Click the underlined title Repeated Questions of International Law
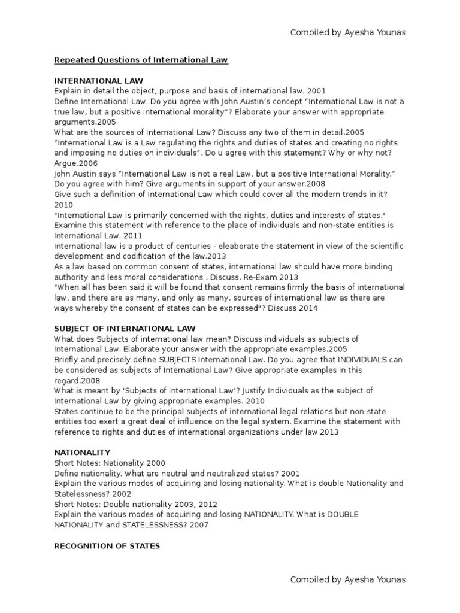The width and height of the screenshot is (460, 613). point(141,60)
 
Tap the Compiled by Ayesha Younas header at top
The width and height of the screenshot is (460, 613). point(347,32)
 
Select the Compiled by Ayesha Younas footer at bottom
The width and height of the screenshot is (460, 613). point(347,579)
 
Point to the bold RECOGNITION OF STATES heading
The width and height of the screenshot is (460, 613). point(107,546)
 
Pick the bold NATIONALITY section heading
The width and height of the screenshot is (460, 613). point(82,452)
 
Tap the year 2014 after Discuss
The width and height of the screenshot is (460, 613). point(307,308)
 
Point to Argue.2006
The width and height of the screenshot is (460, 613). point(77,163)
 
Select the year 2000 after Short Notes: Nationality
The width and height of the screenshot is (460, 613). point(155,463)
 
